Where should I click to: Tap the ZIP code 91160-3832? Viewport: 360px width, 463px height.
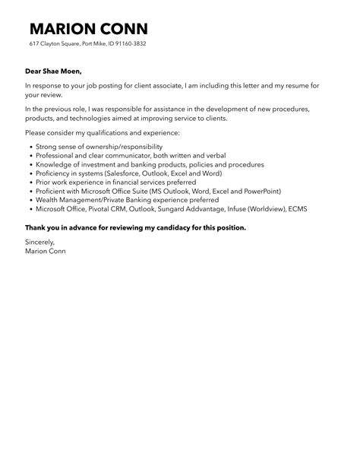tap(128, 44)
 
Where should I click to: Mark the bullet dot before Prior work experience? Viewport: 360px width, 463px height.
tap(30, 182)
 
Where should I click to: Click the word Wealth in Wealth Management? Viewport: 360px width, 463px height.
tap(49, 201)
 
